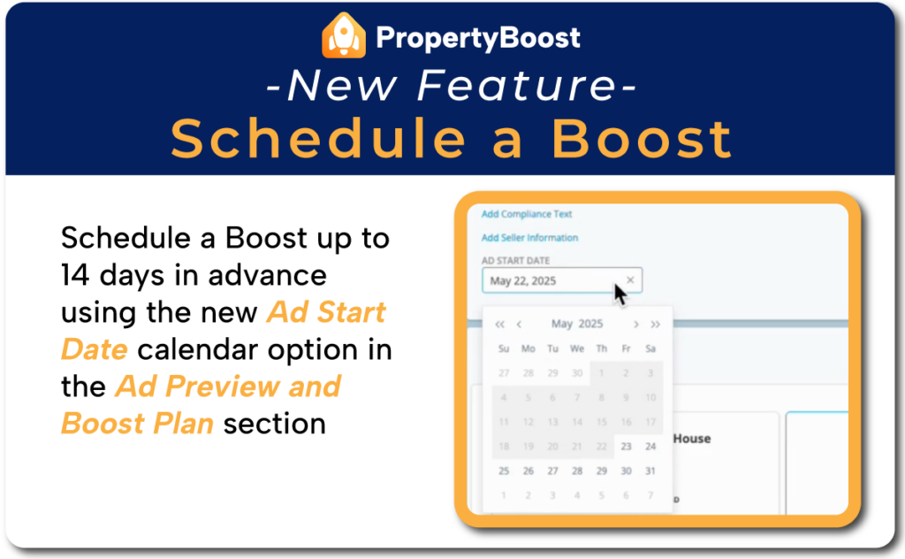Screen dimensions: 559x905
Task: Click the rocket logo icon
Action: (344, 35)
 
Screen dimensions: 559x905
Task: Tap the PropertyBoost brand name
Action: (477, 37)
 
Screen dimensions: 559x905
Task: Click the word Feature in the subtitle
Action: (515, 86)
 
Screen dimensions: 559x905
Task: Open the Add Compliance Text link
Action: (527, 214)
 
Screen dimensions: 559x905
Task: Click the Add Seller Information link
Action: (529, 238)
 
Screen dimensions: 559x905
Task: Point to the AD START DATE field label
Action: (515, 261)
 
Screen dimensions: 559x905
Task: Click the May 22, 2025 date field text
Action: (523, 281)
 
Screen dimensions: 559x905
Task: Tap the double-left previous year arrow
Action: (499, 325)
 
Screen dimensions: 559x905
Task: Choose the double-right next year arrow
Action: (655, 325)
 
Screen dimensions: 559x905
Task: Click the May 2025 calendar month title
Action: (576, 325)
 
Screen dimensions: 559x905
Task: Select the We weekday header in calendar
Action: (577, 348)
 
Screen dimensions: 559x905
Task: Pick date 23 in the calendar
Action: (626, 447)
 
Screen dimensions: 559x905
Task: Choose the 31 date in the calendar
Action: (650, 471)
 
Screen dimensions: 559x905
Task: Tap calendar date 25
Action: (504, 471)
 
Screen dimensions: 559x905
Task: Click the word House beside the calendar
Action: (692, 439)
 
